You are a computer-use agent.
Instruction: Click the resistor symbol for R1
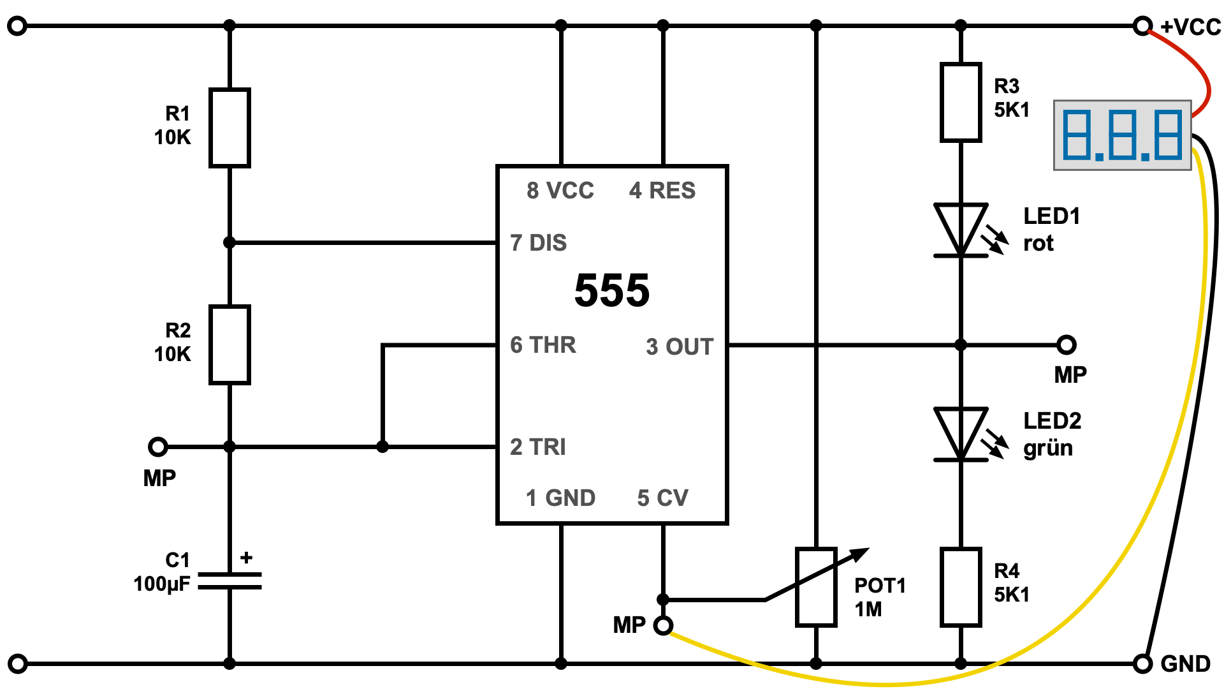click(x=229, y=128)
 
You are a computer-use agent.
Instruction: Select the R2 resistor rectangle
click(x=229, y=344)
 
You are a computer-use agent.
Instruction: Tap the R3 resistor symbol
click(x=961, y=102)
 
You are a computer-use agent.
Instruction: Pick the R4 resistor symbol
click(x=961, y=587)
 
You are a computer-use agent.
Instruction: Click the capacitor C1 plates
click(x=229, y=581)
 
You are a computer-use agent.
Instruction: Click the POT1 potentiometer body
click(x=816, y=587)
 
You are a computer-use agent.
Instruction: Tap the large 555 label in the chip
click(x=612, y=291)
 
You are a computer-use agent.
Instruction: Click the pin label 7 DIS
click(x=539, y=243)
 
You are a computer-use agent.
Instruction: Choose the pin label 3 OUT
click(x=680, y=346)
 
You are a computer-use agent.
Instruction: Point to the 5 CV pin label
click(x=663, y=498)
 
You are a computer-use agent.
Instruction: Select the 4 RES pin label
click(x=662, y=191)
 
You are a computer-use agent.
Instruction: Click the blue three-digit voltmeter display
click(x=1122, y=135)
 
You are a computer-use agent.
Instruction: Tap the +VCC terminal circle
click(x=1142, y=26)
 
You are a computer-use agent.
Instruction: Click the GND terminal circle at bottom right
click(x=1142, y=663)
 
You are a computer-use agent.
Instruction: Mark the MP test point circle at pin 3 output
click(x=1067, y=344)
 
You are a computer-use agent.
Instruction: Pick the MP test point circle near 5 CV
click(x=663, y=626)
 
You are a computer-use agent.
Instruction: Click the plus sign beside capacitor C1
click(x=247, y=558)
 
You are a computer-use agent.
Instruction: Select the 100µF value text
click(x=162, y=584)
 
